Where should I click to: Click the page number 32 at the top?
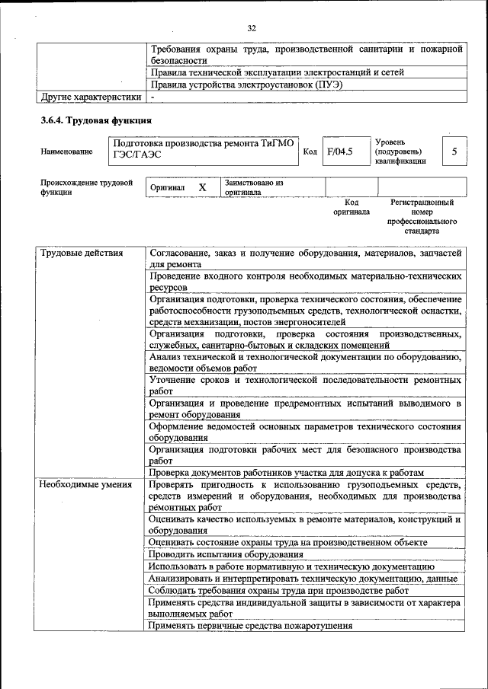click(x=251, y=28)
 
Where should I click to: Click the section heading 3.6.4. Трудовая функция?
click(x=96, y=120)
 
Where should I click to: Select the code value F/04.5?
click(x=339, y=152)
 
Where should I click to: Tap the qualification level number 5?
click(x=454, y=152)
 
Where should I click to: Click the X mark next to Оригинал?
click(x=202, y=187)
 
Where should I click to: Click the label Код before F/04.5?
click(x=310, y=152)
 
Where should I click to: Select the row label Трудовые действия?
click(x=81, y=253)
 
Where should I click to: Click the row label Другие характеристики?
click(x=91, y=97)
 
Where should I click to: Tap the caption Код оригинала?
click(x=351, y=207)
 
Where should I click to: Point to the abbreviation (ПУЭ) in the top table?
click(x=327, y=85)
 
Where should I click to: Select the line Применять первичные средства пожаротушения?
click(x=251, y=626)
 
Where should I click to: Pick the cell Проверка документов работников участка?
click(x=286, y=472)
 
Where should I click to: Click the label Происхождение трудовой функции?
click(x=87, y=187)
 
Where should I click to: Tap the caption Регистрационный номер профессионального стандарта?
click(x=422, y=216)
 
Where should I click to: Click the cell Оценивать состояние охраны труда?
click(x=287, y=542)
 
